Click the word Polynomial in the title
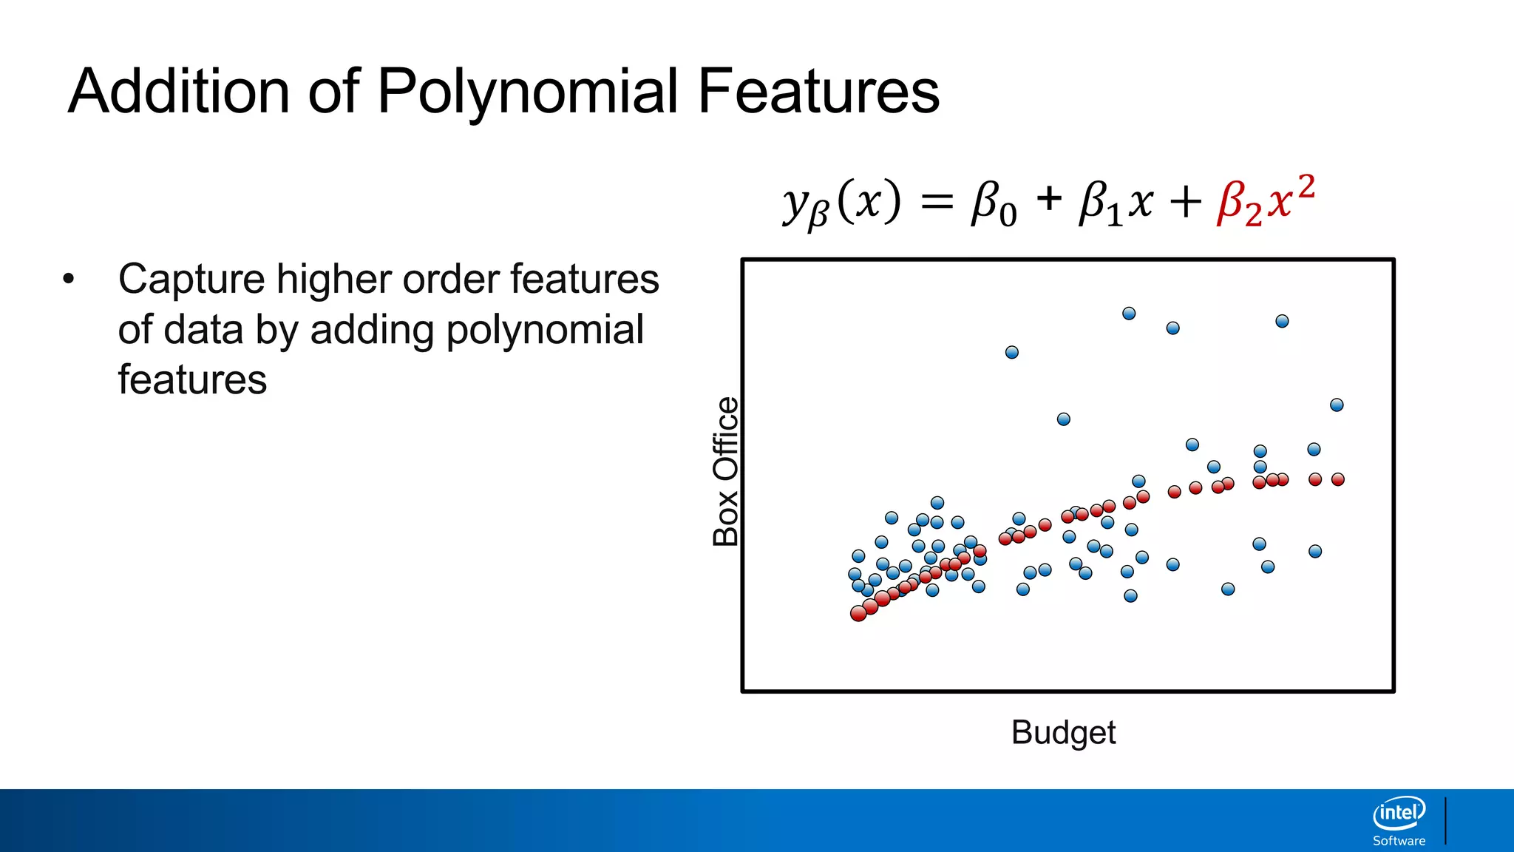(x=527, y=92)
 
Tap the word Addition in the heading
(x=178, y=91)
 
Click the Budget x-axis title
(x=1063, y=732)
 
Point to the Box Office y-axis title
(x=726, y=472)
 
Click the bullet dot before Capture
(x=69, y=280)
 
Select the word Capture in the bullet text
(x=191, y=280)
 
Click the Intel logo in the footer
(x=1399, y=814)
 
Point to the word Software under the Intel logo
(x=1399, y=841)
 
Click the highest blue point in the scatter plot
(x=1129, y=314)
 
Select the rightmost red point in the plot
(x=1337, y=480)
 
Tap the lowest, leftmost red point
(x=858, y=614)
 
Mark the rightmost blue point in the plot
(x=1337, y=405)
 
